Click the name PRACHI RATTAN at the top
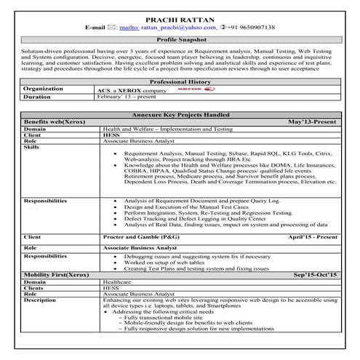tap(180, 15)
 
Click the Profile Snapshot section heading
tap(180, 41)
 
